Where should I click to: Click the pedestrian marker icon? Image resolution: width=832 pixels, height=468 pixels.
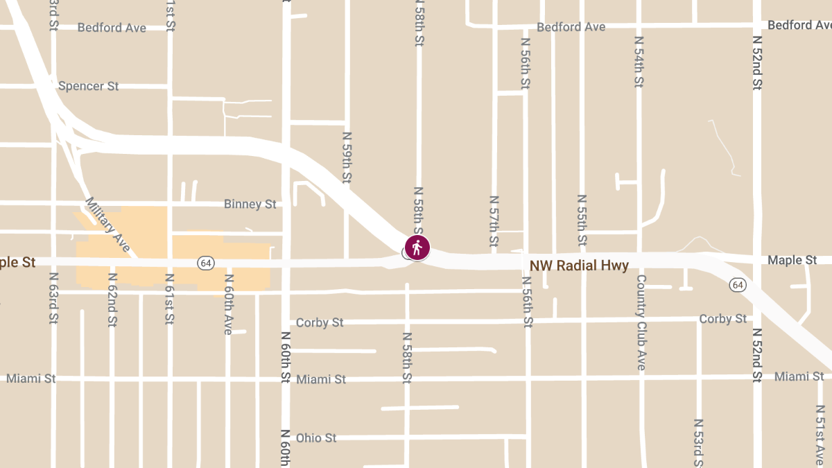pos(417,247)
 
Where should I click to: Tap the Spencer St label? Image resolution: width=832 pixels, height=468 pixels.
pos(88,87)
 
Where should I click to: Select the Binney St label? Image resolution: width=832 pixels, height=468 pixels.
pos(250,205)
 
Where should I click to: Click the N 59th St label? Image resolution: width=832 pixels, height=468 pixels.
pos(347,157)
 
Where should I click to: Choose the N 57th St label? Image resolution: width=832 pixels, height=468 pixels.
pos(494,220)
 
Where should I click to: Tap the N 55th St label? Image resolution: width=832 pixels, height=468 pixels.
pos(582,220)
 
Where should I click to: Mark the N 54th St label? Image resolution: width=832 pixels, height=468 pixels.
pos(639,62)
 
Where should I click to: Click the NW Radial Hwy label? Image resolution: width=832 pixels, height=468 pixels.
pos(579,266)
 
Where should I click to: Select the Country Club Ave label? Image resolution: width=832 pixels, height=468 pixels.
pos(641,322)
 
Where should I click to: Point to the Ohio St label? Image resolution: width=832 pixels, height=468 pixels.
pos(315,438)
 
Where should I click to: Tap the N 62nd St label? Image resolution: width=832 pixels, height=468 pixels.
pos(112,299)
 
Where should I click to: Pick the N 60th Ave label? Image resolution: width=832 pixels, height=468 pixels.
pos(227,304)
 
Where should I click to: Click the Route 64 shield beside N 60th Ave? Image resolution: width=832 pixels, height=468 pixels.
pos(205,263)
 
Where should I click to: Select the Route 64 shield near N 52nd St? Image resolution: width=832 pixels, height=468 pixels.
pos(738,285)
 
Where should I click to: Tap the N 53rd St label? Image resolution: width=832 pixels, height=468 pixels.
pos(698,442)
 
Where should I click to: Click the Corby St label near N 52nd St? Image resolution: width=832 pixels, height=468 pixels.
pos(723,319)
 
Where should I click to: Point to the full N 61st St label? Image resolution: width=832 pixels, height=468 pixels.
pos(170,299)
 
